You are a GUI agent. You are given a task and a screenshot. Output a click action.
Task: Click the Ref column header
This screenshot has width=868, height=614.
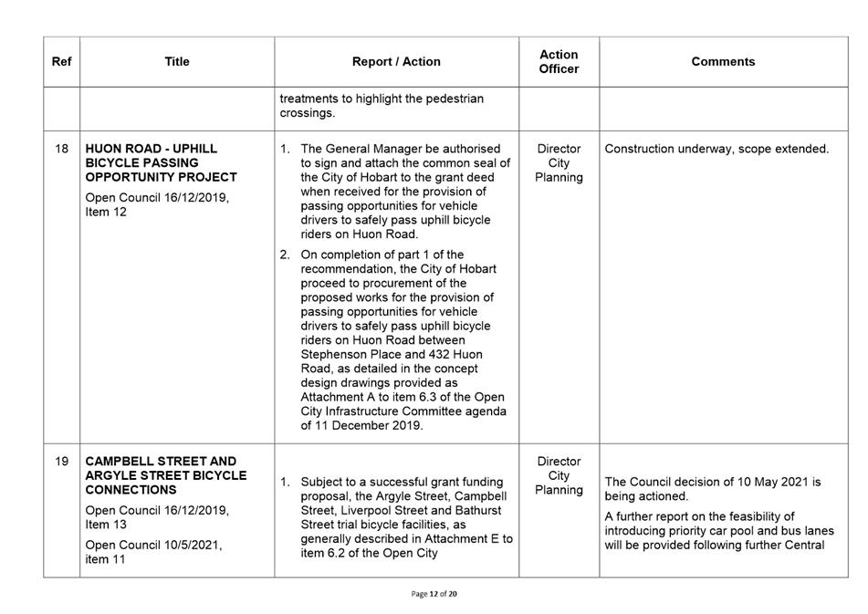[x=61, y=62]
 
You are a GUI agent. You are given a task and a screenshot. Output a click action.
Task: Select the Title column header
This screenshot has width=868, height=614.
[x=177, y=62]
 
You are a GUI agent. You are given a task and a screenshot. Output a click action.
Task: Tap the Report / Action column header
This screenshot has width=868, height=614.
[x=396, y=62]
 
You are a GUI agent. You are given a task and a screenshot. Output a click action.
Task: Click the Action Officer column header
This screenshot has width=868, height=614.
[x=559, y=62]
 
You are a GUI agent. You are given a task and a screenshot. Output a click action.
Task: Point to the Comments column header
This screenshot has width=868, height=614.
[x=723, y=62]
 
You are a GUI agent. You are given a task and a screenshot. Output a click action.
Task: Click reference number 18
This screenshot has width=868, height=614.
[x=61, y=149]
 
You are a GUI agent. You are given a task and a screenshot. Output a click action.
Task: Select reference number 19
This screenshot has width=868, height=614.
[x=61, y=462]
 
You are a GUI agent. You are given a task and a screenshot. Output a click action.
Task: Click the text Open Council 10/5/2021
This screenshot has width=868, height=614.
[x=153, y=546]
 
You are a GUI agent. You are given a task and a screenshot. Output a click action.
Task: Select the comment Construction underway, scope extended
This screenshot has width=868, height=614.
[x=716, y=149]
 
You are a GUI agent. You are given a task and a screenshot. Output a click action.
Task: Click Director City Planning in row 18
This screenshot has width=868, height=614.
[x=559, y=162]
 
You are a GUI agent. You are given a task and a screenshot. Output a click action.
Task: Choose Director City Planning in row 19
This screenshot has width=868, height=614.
[x=559, y=475]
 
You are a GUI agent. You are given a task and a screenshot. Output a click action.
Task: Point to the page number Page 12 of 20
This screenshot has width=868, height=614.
[x=434, y=594]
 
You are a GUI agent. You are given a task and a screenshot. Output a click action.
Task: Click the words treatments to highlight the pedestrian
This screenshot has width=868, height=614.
[x=382, y=99]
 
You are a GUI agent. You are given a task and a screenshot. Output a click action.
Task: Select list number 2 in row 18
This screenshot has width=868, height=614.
[x=285, y=255]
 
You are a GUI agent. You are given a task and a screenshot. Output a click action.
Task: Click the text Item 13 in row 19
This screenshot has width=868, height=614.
[x=105, y=525]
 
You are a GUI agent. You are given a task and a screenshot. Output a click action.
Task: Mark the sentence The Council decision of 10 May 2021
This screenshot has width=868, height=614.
[x=713, y=482]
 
